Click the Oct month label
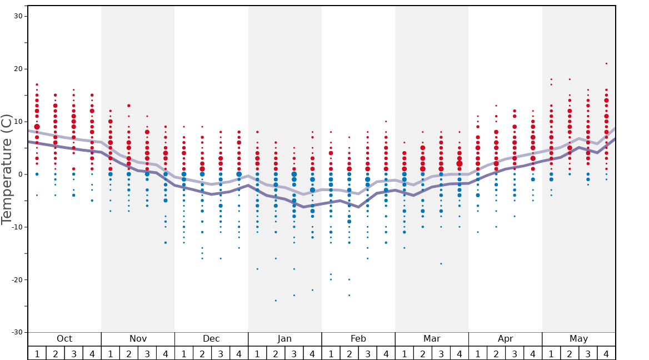click(64, 339)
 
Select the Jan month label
click(284, 339)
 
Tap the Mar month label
click(432, 339)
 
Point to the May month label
click(578, 339)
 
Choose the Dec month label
click(211, 339)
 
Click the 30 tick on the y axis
click(18, 16)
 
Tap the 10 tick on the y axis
click(18, 122)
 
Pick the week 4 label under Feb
click(386, 353)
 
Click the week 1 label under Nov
click(110, 353)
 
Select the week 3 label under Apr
click(515, 353)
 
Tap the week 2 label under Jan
click(276, 353)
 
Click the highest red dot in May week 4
click(606, 63)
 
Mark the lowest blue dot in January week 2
click(276, 301)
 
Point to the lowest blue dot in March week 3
click(441, 264)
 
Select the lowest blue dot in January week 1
click(257, 269)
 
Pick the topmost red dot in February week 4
click(386, 122)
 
